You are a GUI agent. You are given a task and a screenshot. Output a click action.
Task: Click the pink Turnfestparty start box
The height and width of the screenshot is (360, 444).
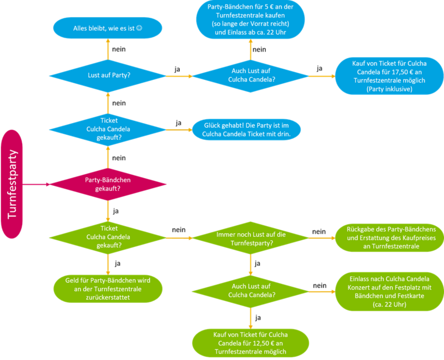[x=12, y=184]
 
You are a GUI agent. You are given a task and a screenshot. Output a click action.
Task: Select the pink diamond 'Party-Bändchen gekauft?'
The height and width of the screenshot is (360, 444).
[x=108, y=184]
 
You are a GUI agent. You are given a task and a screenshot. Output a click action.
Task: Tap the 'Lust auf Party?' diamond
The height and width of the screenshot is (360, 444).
[x=108, y=76]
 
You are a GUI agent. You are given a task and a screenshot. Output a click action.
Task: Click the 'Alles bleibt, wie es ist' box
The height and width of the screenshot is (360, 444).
[x=108, y=28]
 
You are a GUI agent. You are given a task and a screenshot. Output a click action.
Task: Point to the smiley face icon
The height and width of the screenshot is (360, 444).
[x=139, y=28]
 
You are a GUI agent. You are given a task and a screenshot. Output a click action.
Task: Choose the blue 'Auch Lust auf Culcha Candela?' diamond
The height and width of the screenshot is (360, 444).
[x=251, y=76]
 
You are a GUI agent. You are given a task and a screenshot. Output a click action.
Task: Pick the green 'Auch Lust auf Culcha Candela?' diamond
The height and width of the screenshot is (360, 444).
[x=251, y=291]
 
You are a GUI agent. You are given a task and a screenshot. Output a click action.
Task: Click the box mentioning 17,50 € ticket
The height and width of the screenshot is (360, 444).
[x=390, y=76]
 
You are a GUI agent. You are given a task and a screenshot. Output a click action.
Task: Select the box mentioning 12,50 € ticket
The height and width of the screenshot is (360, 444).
[x=251, y=343]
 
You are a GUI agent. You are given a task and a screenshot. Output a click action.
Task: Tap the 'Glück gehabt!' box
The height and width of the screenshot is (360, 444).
[x=246, y=130]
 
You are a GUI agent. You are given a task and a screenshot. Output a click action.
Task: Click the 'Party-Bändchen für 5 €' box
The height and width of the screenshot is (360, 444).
[x=251, y=19]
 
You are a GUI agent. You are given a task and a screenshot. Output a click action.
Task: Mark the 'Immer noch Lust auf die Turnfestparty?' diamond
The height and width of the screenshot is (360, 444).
[x=251, y=239]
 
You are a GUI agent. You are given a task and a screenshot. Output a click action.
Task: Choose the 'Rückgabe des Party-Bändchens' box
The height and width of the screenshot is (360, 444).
[x=390, y=238]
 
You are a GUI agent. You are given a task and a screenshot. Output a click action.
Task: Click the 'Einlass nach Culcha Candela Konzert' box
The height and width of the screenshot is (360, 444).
[x=390, y=292]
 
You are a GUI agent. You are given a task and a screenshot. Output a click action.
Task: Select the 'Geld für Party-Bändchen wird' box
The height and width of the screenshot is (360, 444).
[x=108, y=288]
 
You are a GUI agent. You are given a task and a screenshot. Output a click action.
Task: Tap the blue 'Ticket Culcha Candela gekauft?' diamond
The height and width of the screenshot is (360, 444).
[x=108, y=130]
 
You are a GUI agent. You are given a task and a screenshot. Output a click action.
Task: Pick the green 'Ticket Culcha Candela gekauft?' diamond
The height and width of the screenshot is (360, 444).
[x=108, y=238]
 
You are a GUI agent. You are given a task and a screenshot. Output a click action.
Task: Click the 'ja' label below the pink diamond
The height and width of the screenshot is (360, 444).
[x=116, y=211]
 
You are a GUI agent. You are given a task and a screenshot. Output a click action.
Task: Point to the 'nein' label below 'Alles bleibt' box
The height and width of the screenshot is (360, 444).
[x=119, y=49]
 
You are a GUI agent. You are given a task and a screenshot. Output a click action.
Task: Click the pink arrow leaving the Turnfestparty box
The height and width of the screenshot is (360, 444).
[x=36, y=184]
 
